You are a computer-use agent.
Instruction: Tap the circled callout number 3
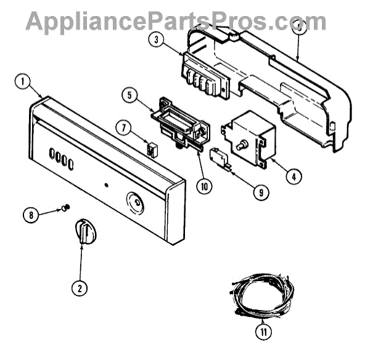click(157, 41)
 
